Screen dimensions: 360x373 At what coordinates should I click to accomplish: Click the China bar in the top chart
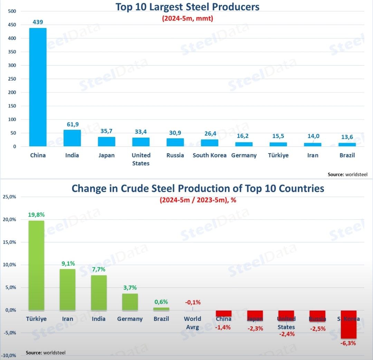pos(38,87)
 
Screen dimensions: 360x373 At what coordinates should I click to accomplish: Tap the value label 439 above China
pos(38,22)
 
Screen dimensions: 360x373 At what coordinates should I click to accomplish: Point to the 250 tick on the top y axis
pos(12,79)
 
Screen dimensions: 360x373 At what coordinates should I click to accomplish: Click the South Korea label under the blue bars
pos(209,155)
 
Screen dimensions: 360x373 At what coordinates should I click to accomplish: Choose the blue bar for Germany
pos(244,144)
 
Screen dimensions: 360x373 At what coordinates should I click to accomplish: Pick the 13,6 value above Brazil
pos(347,137)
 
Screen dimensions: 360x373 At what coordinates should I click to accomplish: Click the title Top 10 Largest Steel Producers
pos(187,7)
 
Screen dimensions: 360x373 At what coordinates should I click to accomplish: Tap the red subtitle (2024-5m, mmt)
pos(188,18)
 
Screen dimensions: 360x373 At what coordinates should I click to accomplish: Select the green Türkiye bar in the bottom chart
pos(36,265)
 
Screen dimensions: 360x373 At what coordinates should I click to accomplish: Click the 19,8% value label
pos(36,215)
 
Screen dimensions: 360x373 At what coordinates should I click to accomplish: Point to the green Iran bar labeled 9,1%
pos(67,289)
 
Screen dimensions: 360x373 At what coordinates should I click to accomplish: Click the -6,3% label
pos(348,343)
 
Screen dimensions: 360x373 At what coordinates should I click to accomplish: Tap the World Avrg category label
pos(192,323)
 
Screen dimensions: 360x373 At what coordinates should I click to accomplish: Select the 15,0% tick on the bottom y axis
pos(10,242)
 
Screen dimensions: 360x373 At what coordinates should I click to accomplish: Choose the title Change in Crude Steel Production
pos(198,188)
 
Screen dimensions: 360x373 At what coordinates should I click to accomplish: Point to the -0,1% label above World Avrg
pos(192,303)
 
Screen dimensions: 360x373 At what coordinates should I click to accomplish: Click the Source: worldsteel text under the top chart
pos(345,175)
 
